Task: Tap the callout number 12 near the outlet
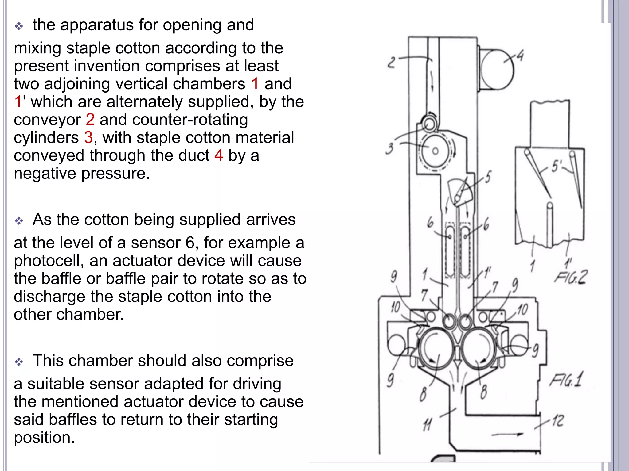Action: click(x=558, y=420)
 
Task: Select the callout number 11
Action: click(x=427, y=425)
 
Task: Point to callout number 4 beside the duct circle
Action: click(x=520, y=56)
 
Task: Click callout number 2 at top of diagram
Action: click(x=391, y=63)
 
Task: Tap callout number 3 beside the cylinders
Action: click(x=389, y=149)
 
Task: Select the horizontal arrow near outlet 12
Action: click(x=507, y=434)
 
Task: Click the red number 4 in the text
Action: click(x=218, y=155)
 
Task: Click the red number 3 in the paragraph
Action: click(x=88, y=137)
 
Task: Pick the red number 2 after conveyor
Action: click(x=90, y=120)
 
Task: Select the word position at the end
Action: click(x=44, y=438)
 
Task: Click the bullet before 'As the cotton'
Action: click(x=19, y=221)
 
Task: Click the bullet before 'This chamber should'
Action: click(x=19, y=362)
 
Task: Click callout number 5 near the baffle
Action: click(x=488, y=177)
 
